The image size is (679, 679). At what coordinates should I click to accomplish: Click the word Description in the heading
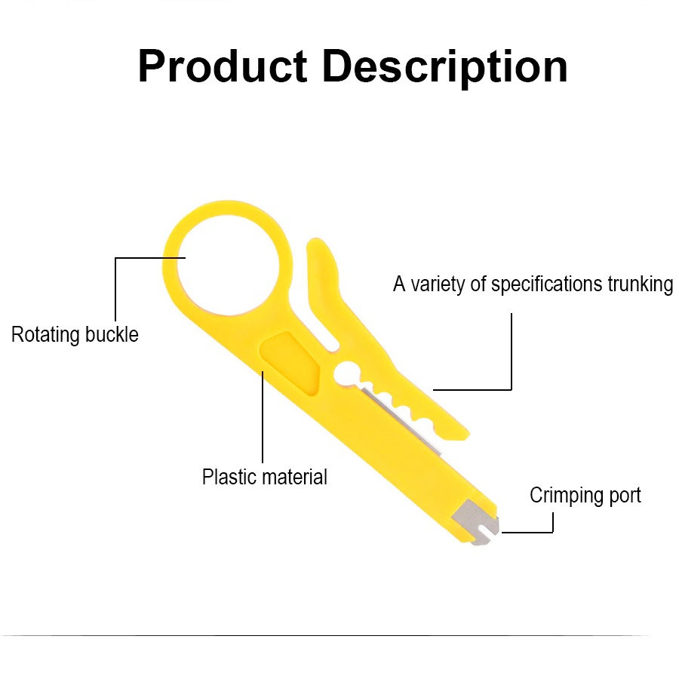point(444,68)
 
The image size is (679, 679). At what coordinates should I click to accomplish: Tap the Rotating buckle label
point(75,334)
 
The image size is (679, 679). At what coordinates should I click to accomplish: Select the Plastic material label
point(265,477)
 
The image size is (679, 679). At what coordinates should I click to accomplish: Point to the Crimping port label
point(585,496)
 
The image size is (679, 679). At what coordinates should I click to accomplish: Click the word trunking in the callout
point(641,284)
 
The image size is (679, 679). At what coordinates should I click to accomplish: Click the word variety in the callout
point(438,284)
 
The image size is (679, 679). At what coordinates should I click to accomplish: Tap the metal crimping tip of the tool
point(476,523)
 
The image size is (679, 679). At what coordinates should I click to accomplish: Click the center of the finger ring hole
point(228,265)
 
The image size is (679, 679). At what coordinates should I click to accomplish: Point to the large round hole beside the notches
point(347,373)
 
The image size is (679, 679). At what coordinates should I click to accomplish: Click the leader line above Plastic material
point(263,417)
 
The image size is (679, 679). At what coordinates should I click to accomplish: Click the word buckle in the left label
point(112,334)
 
